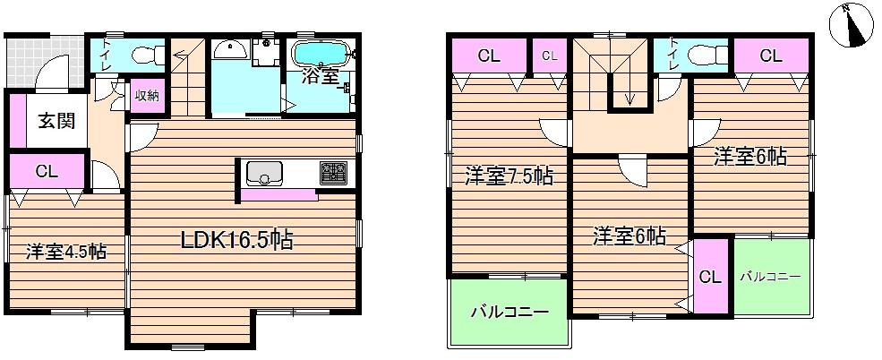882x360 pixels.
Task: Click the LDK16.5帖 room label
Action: (238, 239)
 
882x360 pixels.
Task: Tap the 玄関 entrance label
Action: (48, 122)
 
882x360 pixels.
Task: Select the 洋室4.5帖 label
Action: (65, 252)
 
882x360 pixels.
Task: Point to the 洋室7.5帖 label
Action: (508, 176)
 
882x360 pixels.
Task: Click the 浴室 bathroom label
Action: (321, 77)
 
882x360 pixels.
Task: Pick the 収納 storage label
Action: (146, 96)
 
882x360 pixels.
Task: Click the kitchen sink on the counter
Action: (265, 172)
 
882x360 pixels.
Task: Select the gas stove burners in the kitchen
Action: (334, 172)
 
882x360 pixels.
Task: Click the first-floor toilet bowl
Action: (144, 56)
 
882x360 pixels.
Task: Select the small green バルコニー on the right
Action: (769, 276)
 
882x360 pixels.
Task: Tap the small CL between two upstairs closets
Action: (549, 56)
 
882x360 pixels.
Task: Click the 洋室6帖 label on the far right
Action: (750, 158)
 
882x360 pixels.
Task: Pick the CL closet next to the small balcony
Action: (710, 277)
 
